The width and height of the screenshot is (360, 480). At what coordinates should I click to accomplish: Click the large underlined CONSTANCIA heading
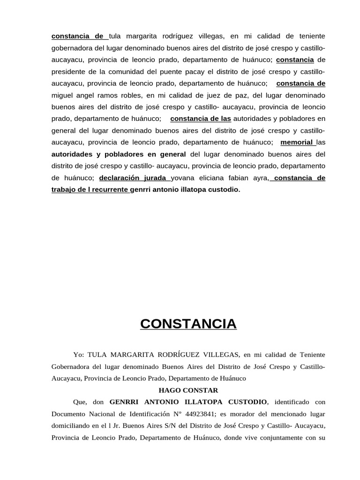coord(188,324)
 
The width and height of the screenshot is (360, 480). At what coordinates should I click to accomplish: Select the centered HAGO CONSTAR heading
coord(188,390)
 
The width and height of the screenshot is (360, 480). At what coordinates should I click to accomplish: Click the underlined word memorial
coord(297,142)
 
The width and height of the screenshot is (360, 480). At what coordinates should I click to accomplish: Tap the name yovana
coord(186,178)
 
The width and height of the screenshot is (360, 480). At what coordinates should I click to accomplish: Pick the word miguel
coord(62,96)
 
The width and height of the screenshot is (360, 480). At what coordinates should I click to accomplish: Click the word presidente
coord(68,72)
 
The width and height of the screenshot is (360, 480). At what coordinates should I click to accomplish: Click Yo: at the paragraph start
coord(79,354)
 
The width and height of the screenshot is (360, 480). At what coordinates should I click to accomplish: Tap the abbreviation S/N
coord(177,426)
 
